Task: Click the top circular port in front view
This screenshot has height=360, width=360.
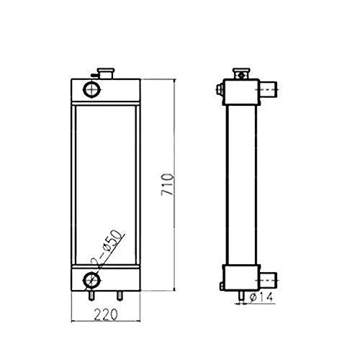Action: (92, 89)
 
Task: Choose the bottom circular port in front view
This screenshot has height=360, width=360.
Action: (92, 280)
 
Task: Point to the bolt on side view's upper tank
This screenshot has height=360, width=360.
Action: (218, 90)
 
